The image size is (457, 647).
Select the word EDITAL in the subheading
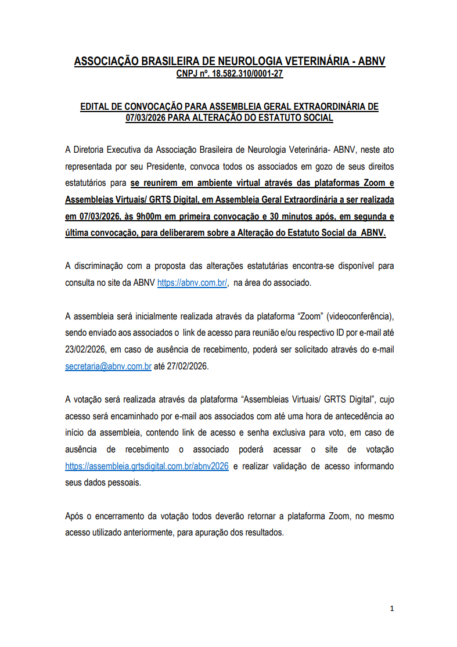coord(94,107)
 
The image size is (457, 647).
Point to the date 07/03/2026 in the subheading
coord(145,117)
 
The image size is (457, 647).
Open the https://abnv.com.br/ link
coord(192,283)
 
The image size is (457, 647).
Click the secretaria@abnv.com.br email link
coord(109,366)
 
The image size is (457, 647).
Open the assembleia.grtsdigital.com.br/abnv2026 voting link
coord(147,466)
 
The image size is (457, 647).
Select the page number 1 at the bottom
coord(392,609)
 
